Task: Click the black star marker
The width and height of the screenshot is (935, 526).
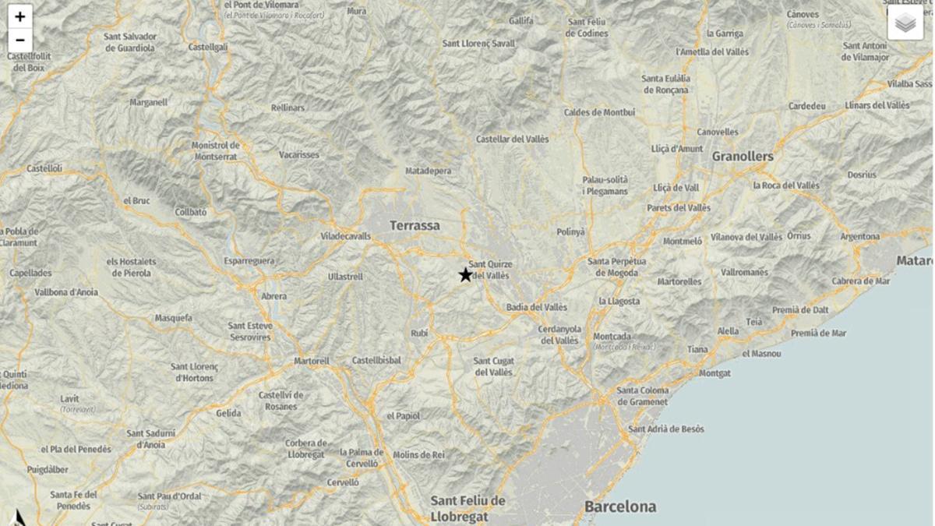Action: pos(465,274)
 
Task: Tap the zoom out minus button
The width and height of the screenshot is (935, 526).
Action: pos(19,41)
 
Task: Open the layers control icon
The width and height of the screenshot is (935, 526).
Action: pos(905,23)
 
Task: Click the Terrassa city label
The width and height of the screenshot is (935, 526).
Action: pos(415,226)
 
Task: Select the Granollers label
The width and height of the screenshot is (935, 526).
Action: pos(743,157)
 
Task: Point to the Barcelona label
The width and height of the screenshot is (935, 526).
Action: pos(620,507)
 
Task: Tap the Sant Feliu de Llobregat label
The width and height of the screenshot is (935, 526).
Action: pos(467,508)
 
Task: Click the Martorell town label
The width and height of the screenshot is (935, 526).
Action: pos(312,362)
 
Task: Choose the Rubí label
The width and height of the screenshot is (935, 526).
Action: pos(419,334)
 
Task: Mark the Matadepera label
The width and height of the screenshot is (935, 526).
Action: pos(428,171)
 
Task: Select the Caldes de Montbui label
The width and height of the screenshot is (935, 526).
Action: pos(599,112)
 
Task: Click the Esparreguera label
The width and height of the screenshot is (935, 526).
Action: pos(249,261)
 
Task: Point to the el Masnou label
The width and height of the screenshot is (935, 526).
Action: pos(761,354)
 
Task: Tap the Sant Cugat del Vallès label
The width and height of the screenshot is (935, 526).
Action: pos(493,366)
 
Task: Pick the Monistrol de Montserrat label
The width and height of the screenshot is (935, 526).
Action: pos(216,150)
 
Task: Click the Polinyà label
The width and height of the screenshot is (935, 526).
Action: pos(570,232)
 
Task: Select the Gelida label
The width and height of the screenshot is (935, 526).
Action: pos(228,413)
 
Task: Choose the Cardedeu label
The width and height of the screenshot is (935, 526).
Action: pos(806,106)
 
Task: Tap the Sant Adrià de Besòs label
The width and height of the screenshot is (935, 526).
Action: pos(666,429)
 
